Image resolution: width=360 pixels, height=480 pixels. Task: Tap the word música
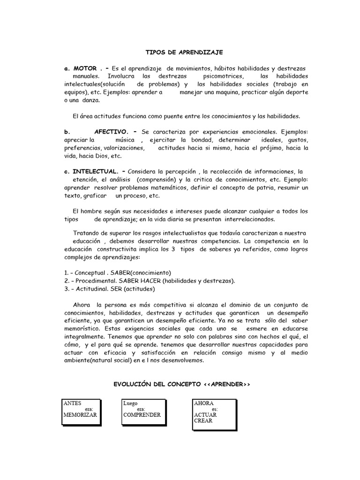[x=125, y=140]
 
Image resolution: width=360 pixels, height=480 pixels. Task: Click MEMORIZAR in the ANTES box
[x=80, y=415]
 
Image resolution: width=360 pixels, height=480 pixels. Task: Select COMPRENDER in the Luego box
[x=142, y=415]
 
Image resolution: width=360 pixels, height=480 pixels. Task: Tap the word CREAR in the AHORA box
[x=203, y=420]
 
